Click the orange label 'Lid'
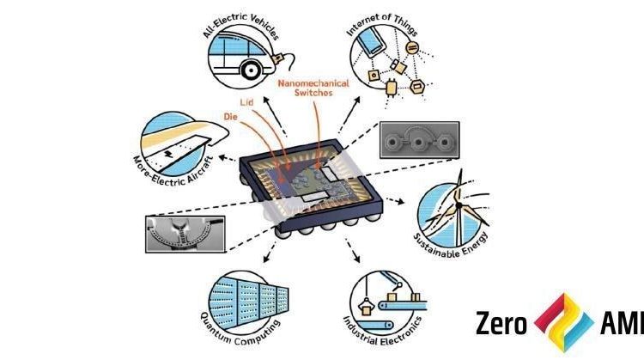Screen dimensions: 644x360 [246, 102]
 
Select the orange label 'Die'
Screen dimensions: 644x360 [231, 117]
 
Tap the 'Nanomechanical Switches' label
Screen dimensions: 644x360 [313, 88]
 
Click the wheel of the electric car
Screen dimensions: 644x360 [250, 70]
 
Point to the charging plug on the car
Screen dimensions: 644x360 [278, 58]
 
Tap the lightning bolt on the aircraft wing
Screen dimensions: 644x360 [168, 154]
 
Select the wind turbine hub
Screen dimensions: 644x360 [459, 204]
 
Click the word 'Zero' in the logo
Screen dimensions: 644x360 [501, 323]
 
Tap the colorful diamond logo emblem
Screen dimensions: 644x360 [564, 322]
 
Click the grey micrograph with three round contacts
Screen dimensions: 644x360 [419, 140]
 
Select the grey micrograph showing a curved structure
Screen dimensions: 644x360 [185, 234]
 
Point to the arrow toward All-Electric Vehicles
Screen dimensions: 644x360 [275, 117]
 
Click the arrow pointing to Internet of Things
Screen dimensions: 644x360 [349, 115]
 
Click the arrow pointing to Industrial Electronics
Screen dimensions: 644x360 [352, 250]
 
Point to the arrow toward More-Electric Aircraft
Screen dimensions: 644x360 [228, 158]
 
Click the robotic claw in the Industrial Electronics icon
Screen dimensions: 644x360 [365, 305]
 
